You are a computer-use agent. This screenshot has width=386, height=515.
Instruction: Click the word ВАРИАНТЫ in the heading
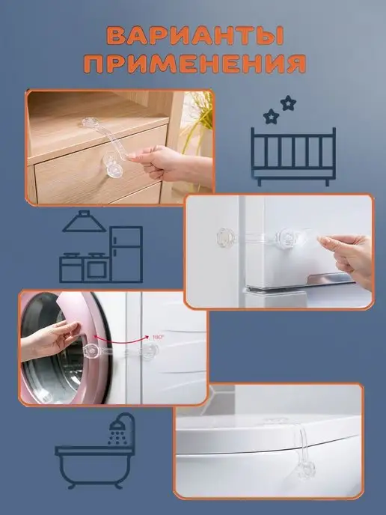[195, 35]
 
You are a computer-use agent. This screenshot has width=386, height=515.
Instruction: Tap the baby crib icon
[293, 156]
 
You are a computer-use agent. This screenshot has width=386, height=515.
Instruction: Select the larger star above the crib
[288, 103]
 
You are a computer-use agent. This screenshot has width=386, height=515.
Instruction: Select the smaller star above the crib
[271, 116]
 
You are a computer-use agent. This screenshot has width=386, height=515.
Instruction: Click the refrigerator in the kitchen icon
[126, 254]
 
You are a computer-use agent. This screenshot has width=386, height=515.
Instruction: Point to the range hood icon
[84, 222]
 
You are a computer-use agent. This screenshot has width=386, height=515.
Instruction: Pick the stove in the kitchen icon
[84, 268]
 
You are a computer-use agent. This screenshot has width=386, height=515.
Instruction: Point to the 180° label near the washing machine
[159, 337]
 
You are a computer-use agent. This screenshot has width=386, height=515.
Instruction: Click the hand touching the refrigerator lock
[346, 260]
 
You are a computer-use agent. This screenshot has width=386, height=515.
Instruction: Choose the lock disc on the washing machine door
[91, 352]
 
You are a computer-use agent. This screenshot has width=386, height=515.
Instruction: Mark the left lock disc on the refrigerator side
[227, 237]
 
